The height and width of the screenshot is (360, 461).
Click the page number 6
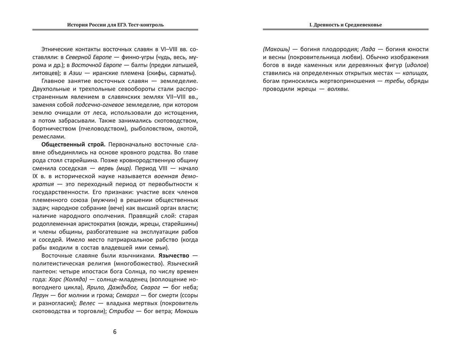(x=114, y=332)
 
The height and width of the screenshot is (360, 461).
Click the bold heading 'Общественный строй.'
(x=73, y=144)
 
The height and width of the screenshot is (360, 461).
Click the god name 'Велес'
(x=87, y=303)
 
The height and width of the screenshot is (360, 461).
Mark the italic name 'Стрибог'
(x=121, y=311)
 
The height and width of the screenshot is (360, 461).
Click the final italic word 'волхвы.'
(x=338, y=89)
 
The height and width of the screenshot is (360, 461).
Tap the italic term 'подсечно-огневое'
(x=94, y=105)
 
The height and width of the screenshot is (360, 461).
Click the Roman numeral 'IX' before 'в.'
(x=37, y=176)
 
